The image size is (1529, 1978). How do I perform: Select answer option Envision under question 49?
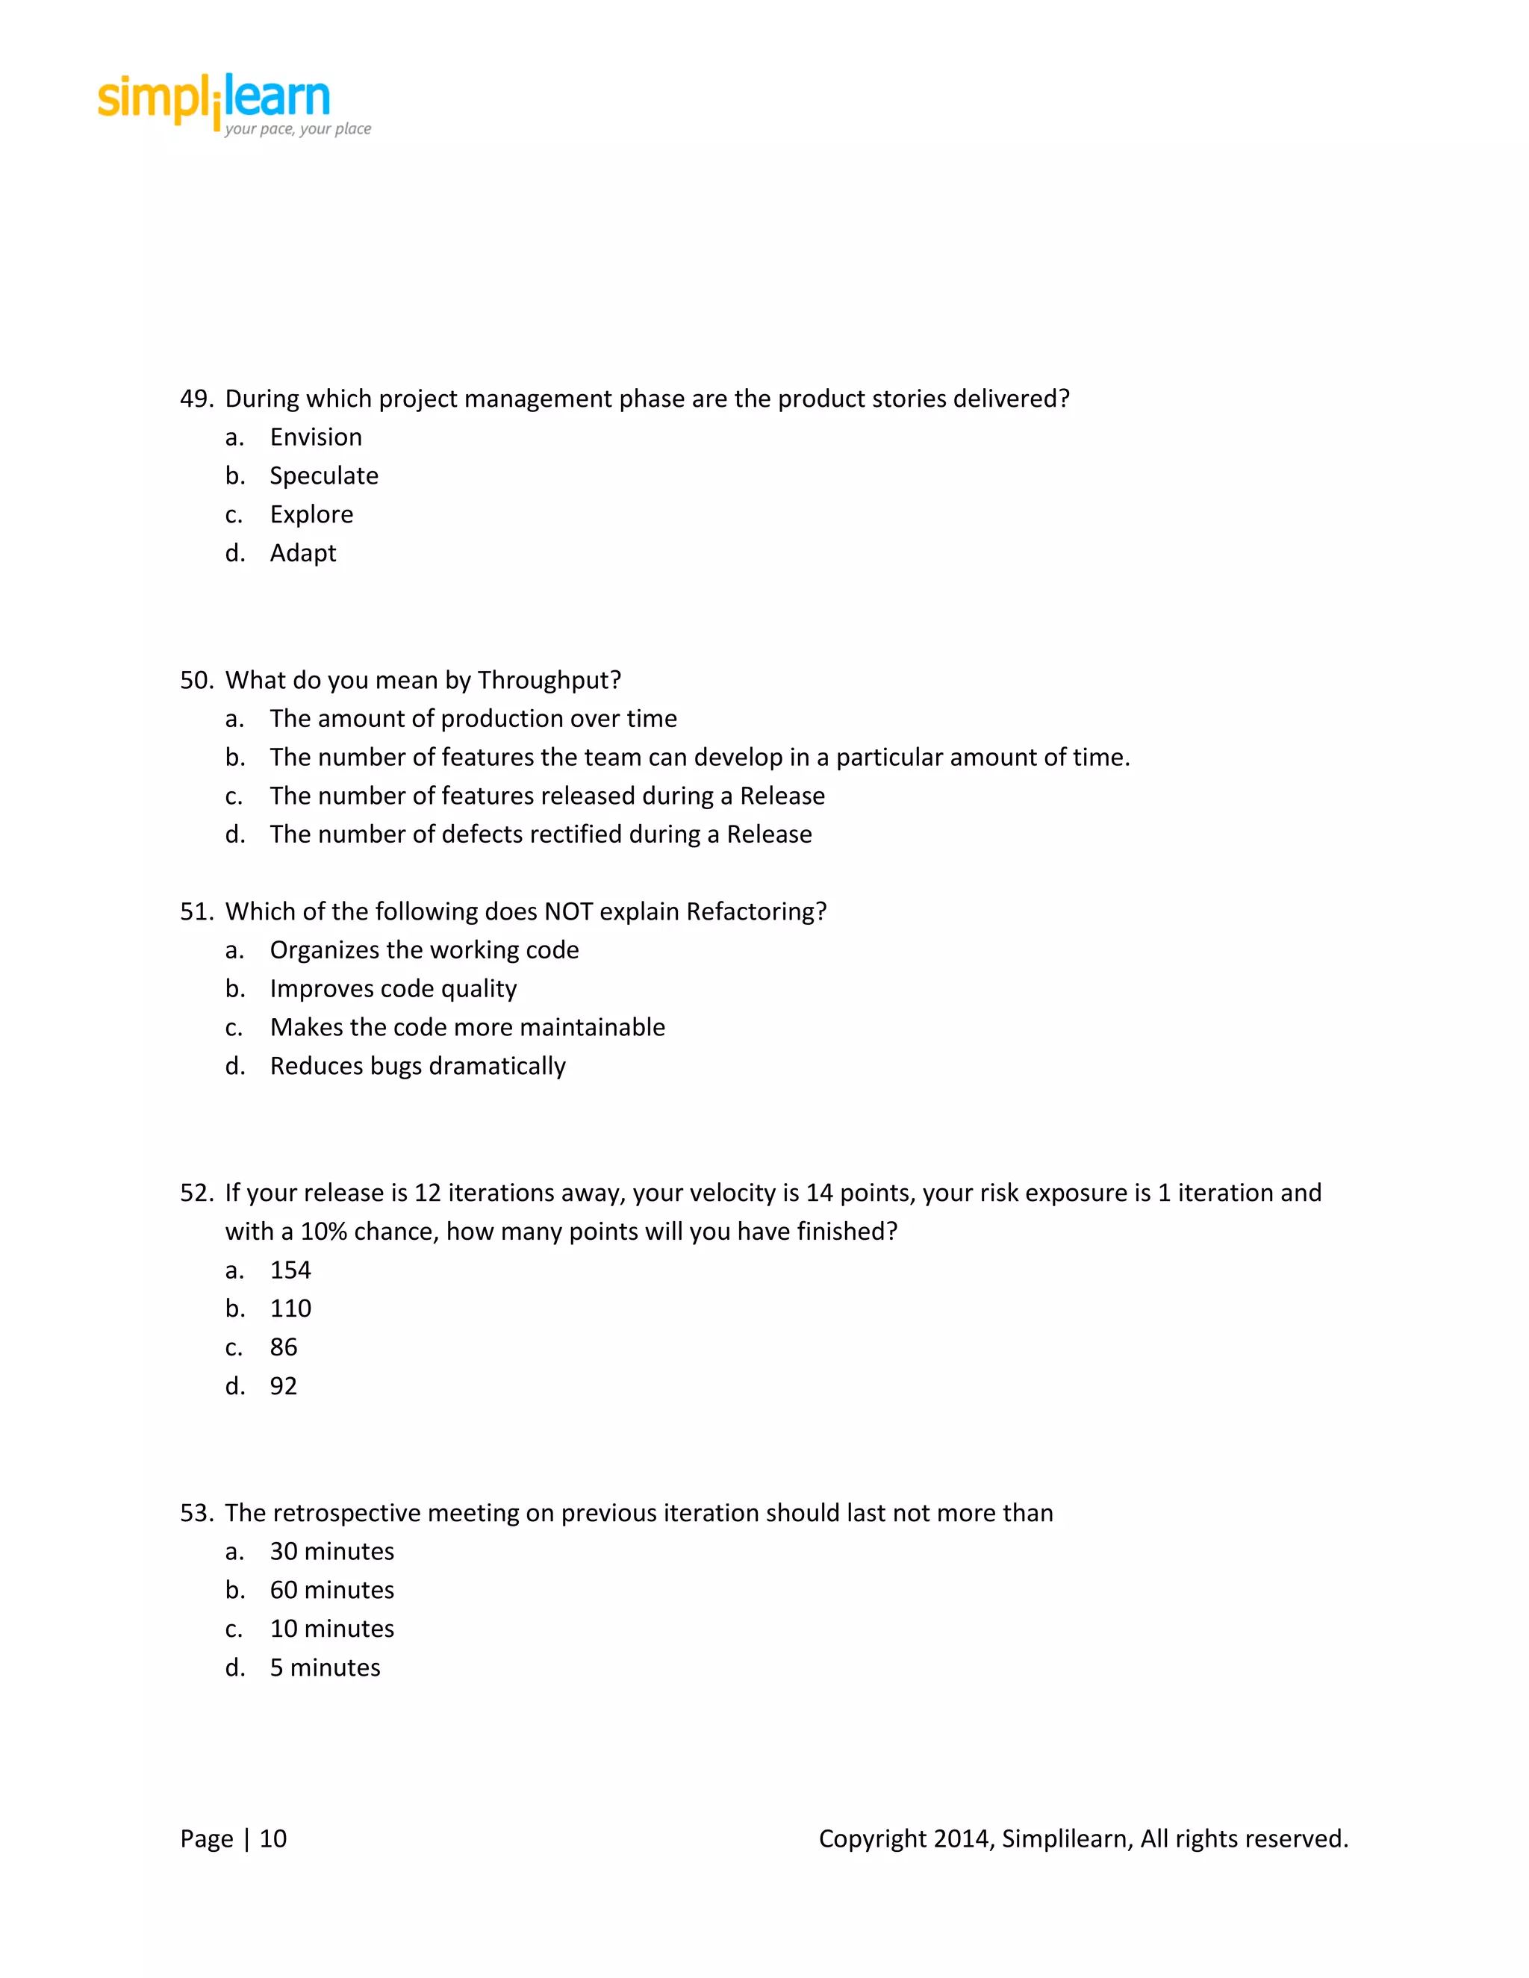coord(315,437)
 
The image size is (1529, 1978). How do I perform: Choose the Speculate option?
coord(323,476)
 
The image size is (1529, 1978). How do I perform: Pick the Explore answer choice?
coord(311,514)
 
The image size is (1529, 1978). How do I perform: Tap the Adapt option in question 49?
coord(302,553)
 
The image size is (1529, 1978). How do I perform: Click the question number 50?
coord(196,680)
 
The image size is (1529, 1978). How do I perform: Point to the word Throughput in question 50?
coord(548,680)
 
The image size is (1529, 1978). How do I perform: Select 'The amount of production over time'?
coord(473,719)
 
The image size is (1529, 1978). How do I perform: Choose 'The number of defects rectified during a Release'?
coord(540,834)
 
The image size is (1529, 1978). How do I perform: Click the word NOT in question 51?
coord(568,912)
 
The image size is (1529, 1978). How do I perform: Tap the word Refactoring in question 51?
coord(756,912)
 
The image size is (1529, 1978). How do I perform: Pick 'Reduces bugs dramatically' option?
coord(417,1066)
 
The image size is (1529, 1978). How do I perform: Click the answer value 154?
coord(290,1270)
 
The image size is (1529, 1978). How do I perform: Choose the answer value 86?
coord(283,1347)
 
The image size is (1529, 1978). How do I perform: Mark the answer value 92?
coord(283,1387)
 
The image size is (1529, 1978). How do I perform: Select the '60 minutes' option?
coord(331,1591)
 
